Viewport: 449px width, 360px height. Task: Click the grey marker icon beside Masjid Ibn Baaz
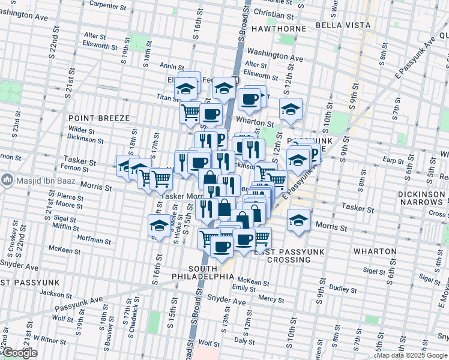tap(7, 179)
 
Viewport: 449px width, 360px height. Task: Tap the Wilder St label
tap(82, 130)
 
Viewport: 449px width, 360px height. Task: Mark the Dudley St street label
tap(343, 289)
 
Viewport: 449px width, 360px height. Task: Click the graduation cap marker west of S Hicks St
tap(158, 226)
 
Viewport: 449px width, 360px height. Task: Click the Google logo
tap(20, 353)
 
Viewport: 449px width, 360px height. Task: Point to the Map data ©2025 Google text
tap(412, 355)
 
